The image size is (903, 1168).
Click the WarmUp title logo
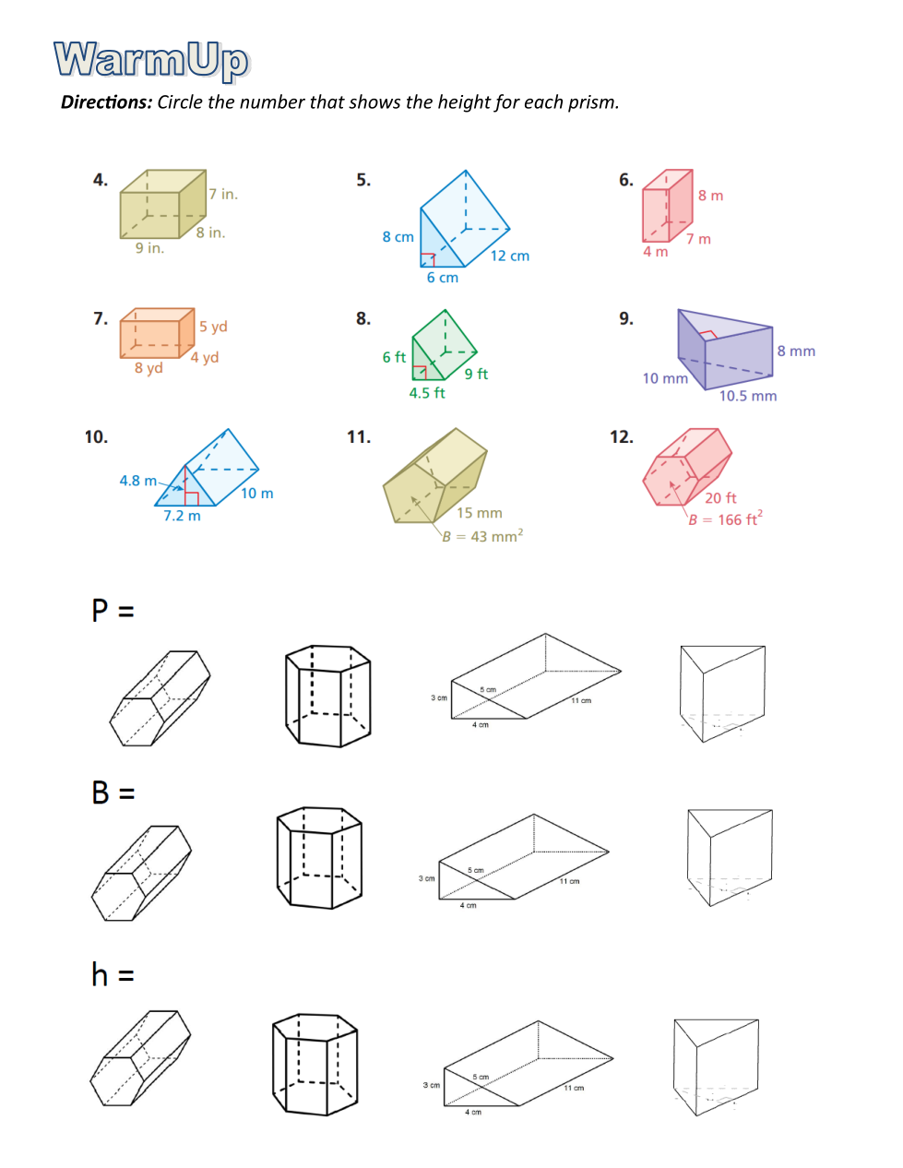[x=151, y=61]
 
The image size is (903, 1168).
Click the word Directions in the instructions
[x=107, y=102]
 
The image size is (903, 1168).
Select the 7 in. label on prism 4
[x=223, y=194]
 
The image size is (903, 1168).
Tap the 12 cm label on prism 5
[x=509, y=256]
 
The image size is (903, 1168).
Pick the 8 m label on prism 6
[x=710, y=196]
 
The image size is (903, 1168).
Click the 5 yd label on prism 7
[x=213, y=327]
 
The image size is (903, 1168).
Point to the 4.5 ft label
[x=426, y=393]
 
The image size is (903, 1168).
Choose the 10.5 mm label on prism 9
[x=748, y=396]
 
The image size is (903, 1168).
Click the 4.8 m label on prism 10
[x=138, y=480]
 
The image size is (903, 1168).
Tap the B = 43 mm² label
[x=481, y=535]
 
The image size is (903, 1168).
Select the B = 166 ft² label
[x=725, y=518]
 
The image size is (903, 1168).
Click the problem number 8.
[x=363, y=318]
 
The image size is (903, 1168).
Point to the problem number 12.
[x=621, y=436]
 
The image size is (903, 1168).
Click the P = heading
[x=113, y=611]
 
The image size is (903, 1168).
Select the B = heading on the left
[x=113, y=793]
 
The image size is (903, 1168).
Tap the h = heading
[x=113, y=974]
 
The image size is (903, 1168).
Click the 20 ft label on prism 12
[x=720, y=497]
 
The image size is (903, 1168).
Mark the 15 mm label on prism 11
[x=479, y=513]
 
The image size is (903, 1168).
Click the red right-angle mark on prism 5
[x=428, y=259]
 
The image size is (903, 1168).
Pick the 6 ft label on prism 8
[x=394, y=357]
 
